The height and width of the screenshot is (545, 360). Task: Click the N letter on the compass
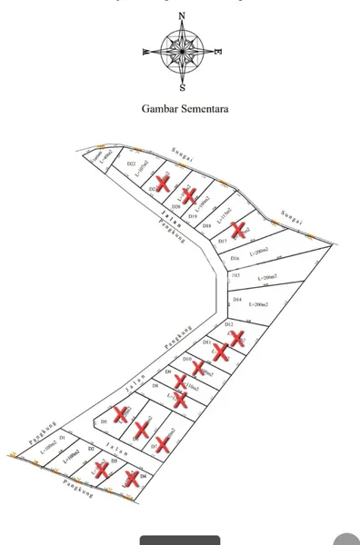tap(183, 15)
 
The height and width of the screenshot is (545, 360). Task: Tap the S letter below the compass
tap(183, 88)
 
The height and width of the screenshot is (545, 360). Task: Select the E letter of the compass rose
tap(218, 52)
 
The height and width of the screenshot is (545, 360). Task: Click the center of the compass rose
tap(182, 51)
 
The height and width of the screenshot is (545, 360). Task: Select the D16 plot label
tap(235, 259)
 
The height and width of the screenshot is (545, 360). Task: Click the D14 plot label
tap(237, 299)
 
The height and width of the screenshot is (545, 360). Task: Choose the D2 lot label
tap(90, 450)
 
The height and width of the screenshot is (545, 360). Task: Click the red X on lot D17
tap(240, 229)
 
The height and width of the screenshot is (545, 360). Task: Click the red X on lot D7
tap(164, 443)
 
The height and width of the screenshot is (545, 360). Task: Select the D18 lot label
tap(206, 225)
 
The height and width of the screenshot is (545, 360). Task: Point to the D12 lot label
tap(230, 324)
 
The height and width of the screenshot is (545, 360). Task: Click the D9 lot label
tap(169, 372)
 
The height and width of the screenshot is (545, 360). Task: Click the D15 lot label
tap(235, 274)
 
